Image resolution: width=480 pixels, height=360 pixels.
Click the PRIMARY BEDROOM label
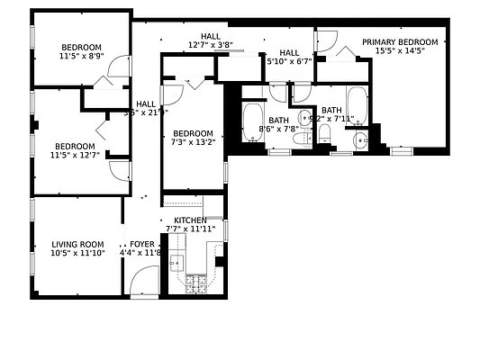[x=400, y=41]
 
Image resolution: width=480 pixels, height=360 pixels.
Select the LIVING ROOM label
[x=77, y=244]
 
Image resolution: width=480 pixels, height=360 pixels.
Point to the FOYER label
[x=141, y=244]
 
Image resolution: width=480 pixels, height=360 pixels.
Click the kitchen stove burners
[x=195, y=284]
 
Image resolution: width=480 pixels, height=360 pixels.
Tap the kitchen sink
[x=177, y=264]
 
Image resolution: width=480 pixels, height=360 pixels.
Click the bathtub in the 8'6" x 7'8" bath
[x=251, y=122]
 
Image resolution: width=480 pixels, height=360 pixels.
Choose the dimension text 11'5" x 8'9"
[x=81, y=57]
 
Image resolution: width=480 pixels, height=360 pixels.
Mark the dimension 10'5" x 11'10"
[x=77, y=254]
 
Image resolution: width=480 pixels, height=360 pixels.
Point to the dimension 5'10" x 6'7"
[x=289, y=62]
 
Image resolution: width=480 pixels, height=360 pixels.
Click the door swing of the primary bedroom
[x=327, y=41]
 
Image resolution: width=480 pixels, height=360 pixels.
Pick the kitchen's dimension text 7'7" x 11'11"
[x=189, y=229]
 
